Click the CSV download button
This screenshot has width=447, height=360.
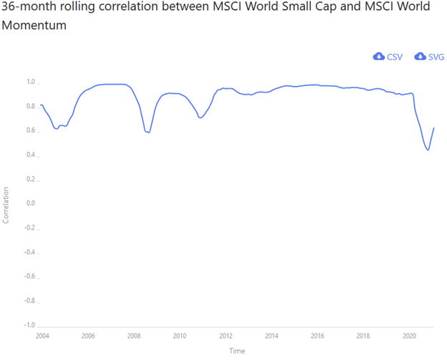click(x=388, y=57)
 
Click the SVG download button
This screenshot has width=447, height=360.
click(x=429, y=57)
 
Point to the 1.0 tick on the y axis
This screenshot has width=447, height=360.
click(x=30, y=82)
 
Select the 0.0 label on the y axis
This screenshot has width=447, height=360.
click(x=30, y=204)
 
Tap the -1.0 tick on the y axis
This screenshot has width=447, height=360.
click(x=29, y=326)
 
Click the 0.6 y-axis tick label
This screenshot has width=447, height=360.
click(x=30, y=131)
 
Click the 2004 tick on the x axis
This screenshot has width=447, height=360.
click(x=42, y=336)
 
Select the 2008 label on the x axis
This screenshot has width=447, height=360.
click(x=133, y=336)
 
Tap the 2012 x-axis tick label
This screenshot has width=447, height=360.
click(x=226, y=336)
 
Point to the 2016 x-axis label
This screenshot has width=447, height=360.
click(x=317, y=336)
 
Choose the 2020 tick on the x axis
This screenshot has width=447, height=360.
click(x=410, y=336)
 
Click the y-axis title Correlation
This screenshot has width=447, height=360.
click(x=6, y=205)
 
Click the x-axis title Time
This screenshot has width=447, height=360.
click(x=237, y=351)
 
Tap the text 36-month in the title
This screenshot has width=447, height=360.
click(x=32, y=7)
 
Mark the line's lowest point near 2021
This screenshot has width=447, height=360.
click(x=428, y=150)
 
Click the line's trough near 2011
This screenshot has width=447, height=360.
click(x=201, y=118)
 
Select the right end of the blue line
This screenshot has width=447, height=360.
click(x=434, y=128)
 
